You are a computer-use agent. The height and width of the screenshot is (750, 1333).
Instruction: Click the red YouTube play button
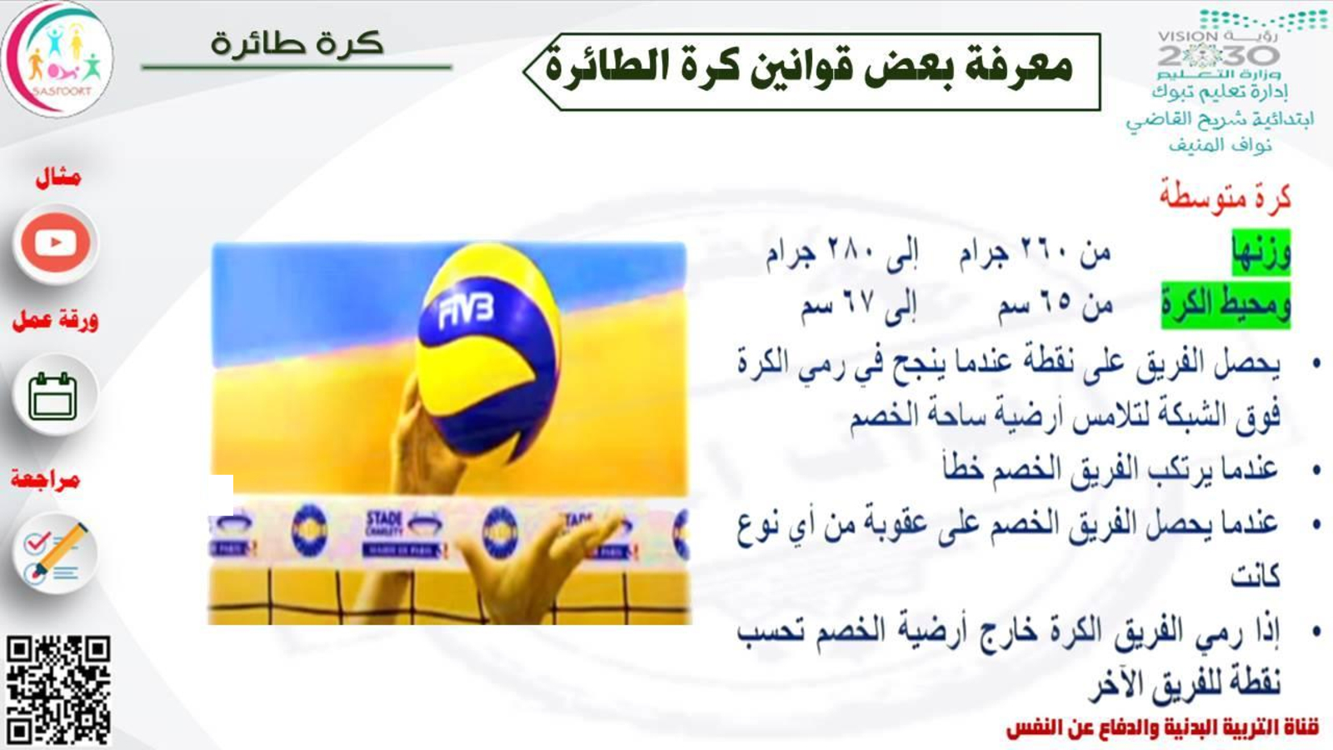tap(56, 242)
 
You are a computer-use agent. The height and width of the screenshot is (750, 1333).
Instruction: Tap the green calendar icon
tap(53, 396)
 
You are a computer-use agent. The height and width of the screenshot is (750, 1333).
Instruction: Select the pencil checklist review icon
tap(55, 552)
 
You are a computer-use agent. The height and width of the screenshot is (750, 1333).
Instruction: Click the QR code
tap(58, 688)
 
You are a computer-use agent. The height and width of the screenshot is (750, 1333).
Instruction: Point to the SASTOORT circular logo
tap(57, 58)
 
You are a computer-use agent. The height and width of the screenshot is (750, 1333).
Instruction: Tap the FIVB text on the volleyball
tap(466, 312)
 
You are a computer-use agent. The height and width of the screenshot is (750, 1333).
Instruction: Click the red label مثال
tap(57, 177)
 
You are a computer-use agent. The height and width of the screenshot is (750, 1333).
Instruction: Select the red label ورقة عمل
tap(55, 320)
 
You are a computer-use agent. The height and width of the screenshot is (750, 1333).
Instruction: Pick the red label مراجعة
tap(45, 479)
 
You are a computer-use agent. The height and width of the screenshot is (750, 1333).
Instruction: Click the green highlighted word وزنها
tap(1261, 252)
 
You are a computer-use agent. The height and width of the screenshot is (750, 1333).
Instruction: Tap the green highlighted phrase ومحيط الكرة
tap(1226, 305)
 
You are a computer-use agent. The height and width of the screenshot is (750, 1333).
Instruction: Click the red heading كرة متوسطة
tap(1225, 197)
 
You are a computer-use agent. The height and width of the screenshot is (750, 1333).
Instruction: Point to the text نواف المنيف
tap(1220, 145)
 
